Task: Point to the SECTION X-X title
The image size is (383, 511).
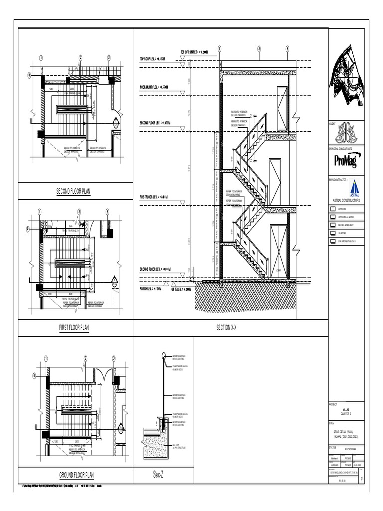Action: point(230,328)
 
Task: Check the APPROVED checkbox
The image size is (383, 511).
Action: point(333,209)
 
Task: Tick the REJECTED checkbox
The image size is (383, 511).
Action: point(333,233)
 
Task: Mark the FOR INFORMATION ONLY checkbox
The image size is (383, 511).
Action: point(333,241)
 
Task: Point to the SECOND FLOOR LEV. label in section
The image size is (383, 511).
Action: point(156,122)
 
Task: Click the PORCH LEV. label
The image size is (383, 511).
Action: point(150,289)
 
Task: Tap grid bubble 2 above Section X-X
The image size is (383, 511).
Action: point(259,49)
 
